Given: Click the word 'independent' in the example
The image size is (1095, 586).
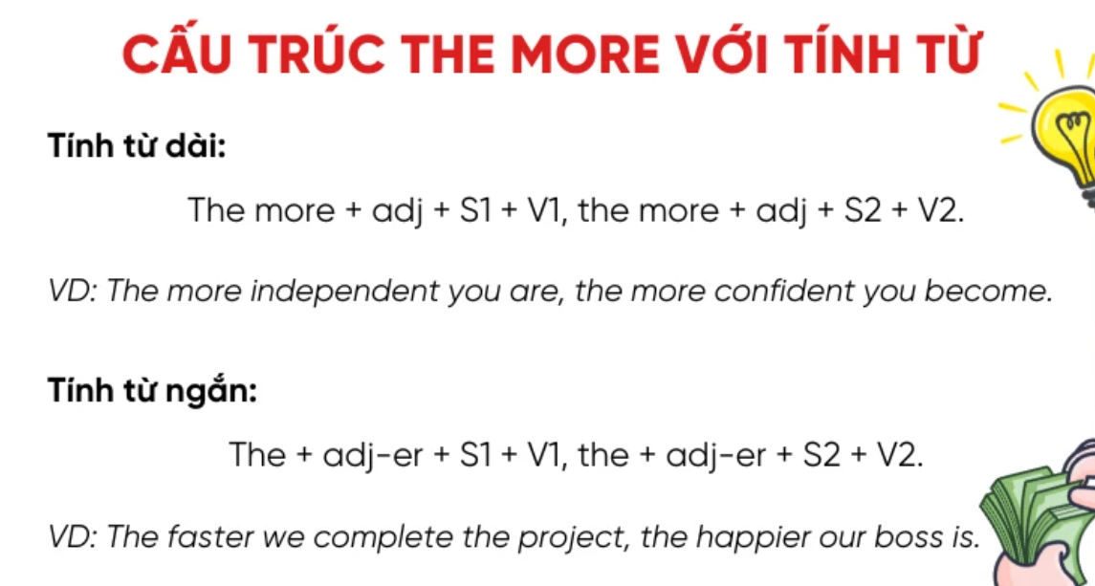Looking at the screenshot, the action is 345,292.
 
